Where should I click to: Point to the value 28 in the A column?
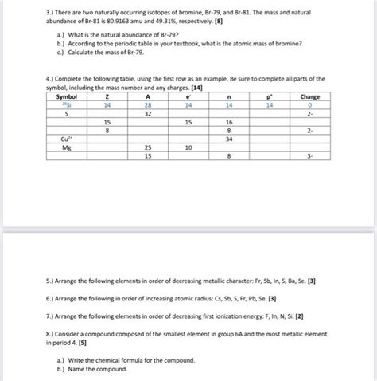148,104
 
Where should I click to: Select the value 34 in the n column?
229,139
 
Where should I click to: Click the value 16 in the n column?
229,122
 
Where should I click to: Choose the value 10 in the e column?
188,147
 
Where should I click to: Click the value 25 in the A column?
148,147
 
